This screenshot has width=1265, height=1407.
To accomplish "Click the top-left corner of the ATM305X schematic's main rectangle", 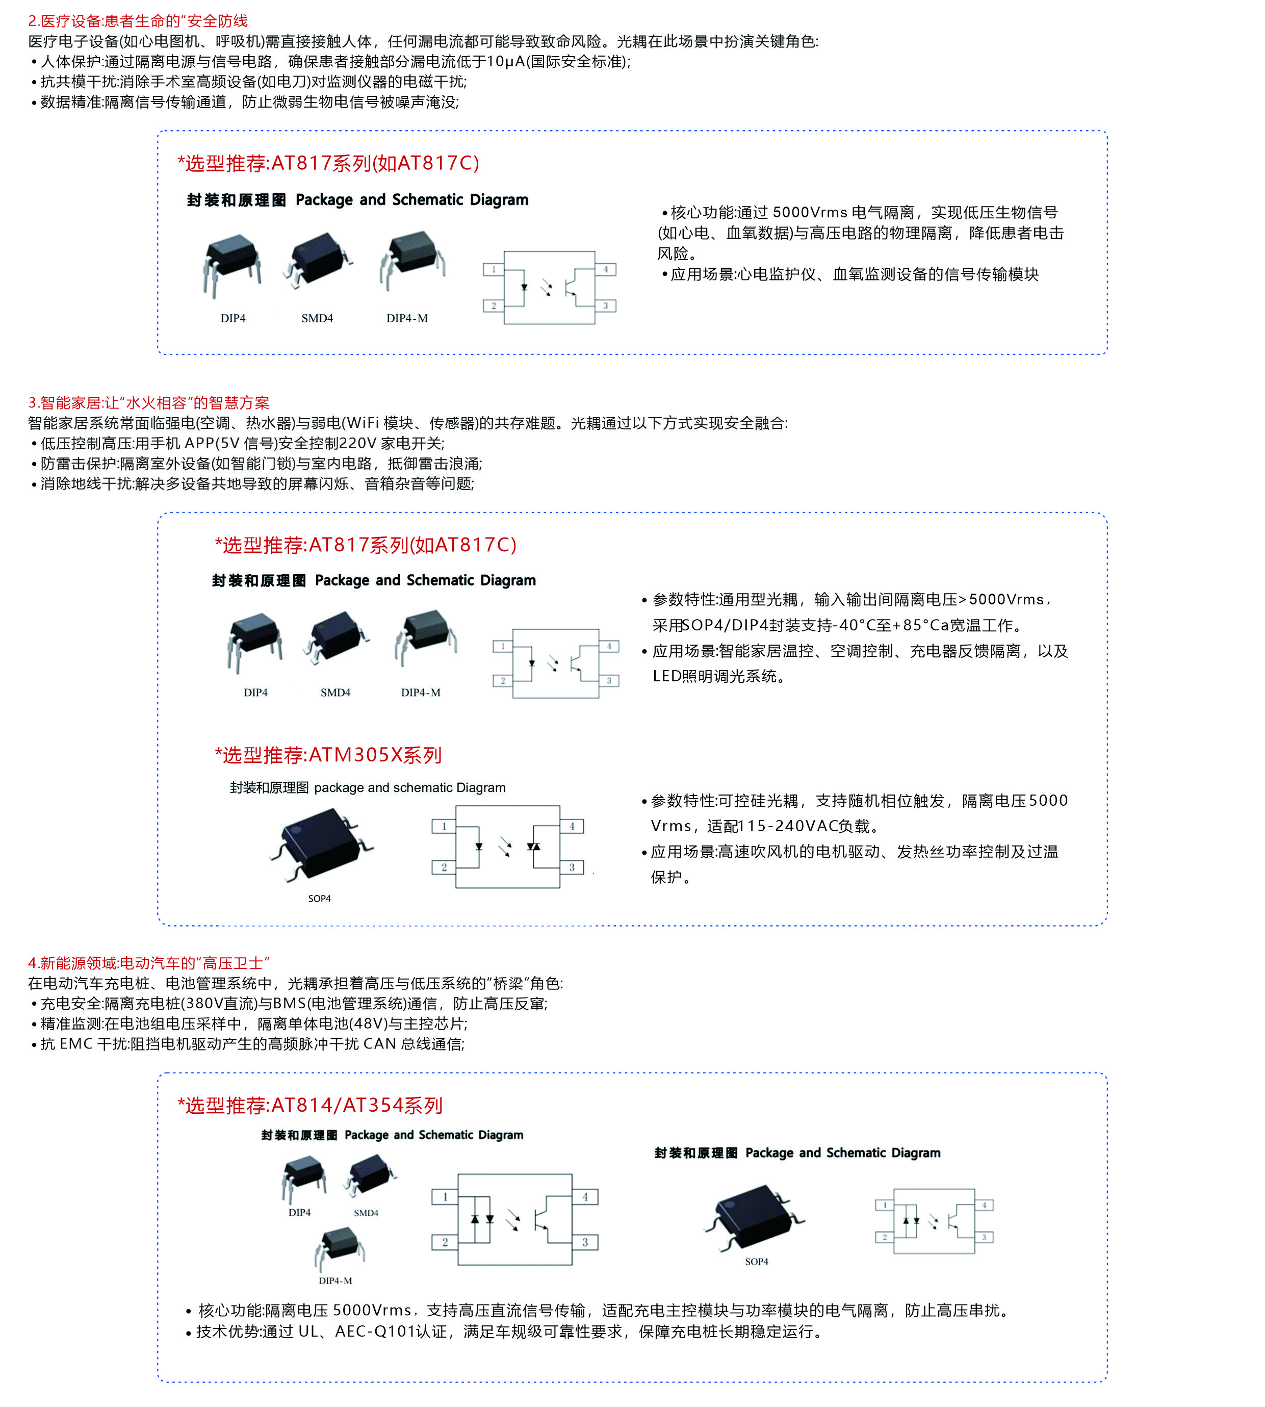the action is pyautogui.click(x=456, y=806).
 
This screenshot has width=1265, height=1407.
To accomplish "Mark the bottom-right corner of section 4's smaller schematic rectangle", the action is pyautogui.click(x=974, y=1253).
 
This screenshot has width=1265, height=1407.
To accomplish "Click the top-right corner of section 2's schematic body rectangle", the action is pyautogui.click(x=595, y=251).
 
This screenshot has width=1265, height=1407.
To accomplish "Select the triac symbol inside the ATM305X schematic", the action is pyautogui.click(x=533, y=846).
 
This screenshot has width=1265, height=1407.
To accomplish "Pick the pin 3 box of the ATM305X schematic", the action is pyautogui.click(x=572, y=867).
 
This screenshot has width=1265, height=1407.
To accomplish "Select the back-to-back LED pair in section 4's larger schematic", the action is pyautogui.click(x=482, y=1219).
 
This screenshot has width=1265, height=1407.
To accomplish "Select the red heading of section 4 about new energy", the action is pyautogui.click(x=149, y=963).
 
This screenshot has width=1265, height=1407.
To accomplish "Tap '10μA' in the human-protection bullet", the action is pyautogui.click(x=505, y=62).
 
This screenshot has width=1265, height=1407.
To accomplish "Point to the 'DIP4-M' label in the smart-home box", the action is pyautogui.click(x=421, y=693).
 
